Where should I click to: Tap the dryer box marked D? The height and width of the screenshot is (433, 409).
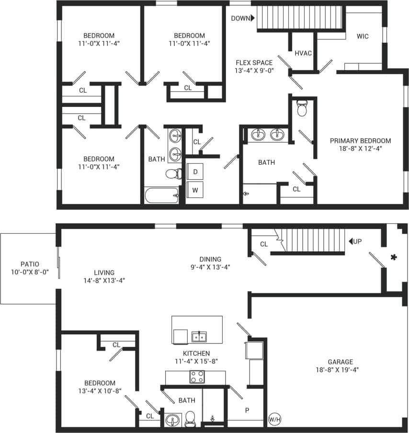click(x=195, y=171)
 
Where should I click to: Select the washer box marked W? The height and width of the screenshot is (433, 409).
click(x=195, y=190)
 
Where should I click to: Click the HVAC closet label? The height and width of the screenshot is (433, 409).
click(x=303, y=53)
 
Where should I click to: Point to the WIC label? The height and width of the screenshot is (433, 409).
click(x=363, y=36)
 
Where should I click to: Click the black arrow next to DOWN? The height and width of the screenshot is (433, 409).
click(x=253, y=18)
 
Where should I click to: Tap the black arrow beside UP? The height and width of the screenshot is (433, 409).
click(x=351, y=241)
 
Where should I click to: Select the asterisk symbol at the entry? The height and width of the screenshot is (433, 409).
click(x=394, y=258)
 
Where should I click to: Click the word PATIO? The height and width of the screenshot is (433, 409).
click(x=30, y=264)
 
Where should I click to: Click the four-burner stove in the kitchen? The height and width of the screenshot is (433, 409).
click(x=197, y=376)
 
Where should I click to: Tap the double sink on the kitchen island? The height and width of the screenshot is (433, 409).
click(x=199, y=337)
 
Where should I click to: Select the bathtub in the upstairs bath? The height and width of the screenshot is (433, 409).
click(x=161, y=195)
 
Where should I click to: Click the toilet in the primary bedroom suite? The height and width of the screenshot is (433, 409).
click(x=302, y=109)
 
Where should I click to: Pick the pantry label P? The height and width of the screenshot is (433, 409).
click(x=247, y=410)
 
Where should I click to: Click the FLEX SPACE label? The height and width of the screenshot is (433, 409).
click(x=254, y=63)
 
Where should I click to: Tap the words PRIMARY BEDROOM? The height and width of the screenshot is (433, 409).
click(x=360, y=141)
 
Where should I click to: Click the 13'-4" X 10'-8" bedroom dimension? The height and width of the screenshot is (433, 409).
click(x=100, y=391)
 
